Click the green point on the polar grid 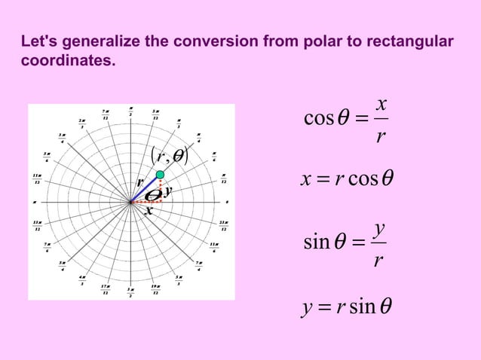point(160,175)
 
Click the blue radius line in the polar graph point(145,188)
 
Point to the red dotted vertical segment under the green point point(161,189)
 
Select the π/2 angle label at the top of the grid point(130,111)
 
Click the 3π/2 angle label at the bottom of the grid point(130,291)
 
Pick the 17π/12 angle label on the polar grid point(105,289)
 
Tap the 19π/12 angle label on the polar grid point(155,289)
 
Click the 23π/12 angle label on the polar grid point(223,225)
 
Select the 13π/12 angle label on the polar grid point(37,225)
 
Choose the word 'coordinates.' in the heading point(69,59)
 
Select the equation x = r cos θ point(347,179)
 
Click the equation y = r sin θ point(347,307)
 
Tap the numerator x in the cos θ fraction point(381,102)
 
